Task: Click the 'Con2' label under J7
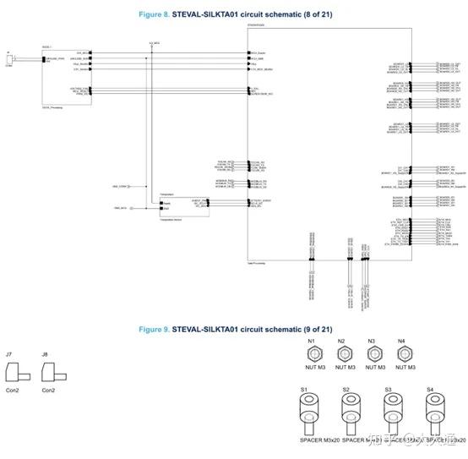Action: pos(13,391)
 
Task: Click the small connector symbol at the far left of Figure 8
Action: pos(10,59)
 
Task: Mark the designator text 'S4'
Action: pos(430,390)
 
